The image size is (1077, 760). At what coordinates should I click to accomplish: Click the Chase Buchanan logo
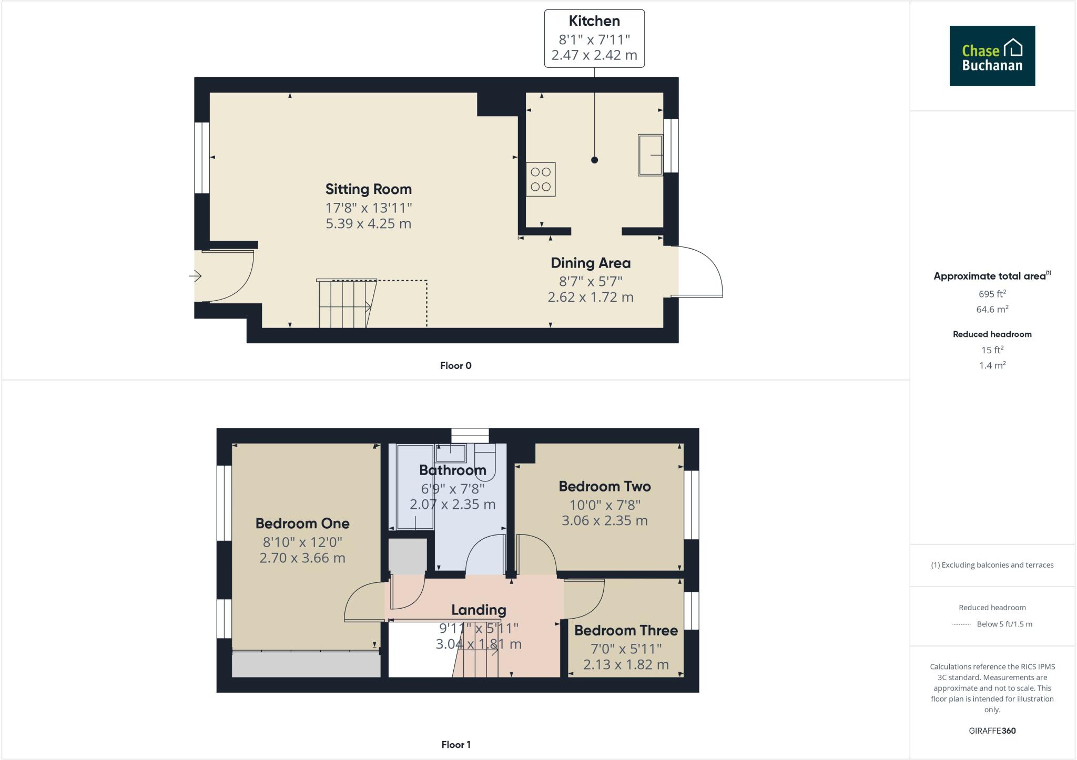coord(992,56)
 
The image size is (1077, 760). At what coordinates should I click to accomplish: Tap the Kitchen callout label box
coord(594,38)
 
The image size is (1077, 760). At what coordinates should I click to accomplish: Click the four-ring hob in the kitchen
coord(541,179)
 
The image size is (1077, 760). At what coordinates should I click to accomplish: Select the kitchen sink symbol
coord(650,155)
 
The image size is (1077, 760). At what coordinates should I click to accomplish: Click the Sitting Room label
coord(368,189)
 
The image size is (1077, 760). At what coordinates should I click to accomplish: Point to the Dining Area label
coord(590,263)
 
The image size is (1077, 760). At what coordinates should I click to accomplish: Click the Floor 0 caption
coord(455,366)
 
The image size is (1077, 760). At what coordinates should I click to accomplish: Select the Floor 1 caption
coord(455,745)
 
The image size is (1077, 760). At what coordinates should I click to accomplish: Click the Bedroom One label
coord(302,523)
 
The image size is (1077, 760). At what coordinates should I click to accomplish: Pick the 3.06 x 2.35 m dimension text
coord(604,521)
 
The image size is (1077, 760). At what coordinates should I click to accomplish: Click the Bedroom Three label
coord(626,630)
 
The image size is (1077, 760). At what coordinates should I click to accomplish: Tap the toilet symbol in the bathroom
coord(485,462)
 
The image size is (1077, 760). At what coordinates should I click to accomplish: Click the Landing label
coord(479,610)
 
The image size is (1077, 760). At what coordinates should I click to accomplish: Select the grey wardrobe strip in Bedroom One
coord(306,665)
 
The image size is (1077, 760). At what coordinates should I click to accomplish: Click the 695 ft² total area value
coord(992,294)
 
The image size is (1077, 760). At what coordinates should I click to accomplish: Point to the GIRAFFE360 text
coord(992,731)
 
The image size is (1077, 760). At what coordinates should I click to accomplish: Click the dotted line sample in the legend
coord(961,624)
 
